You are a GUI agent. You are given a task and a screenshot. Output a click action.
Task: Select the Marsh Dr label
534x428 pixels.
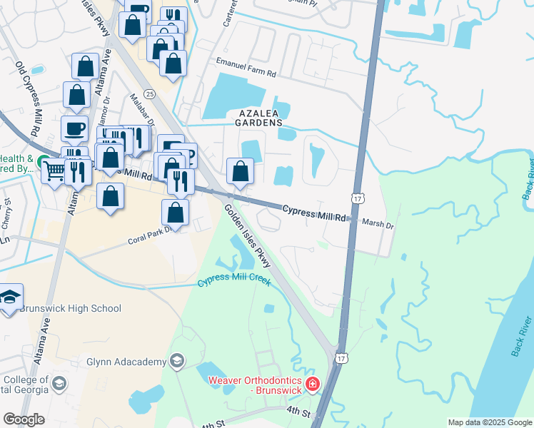coord(378,224)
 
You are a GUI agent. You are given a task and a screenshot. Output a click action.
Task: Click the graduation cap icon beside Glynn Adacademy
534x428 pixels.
coord(178,362)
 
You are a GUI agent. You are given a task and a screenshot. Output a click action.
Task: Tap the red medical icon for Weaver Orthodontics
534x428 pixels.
coord(312,385)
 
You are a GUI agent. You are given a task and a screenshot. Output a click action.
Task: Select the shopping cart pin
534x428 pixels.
coord(54,170)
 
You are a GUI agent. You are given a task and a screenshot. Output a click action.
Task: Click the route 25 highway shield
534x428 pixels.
coord(148,94)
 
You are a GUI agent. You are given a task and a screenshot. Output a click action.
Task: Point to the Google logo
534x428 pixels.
coord(24,419)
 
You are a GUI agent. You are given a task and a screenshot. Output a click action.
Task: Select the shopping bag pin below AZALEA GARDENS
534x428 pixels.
coord(241,171)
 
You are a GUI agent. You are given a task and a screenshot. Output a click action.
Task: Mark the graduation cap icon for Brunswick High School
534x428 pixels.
coord(10,298)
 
